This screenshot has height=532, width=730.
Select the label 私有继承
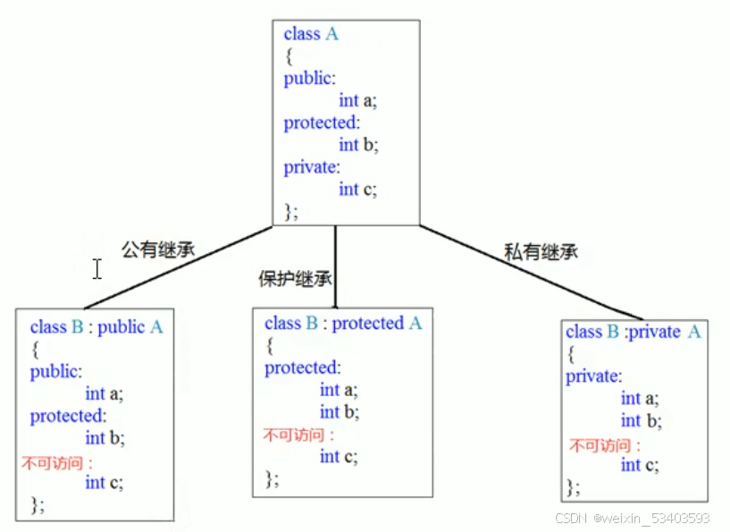[x=541, y=252]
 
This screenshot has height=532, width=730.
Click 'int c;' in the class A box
[x=357, y=189]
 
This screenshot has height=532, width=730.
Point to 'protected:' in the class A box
[x=321, y=122]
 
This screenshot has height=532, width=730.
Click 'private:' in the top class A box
[x=312, y=167]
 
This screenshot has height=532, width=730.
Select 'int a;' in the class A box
[x=357, y=100]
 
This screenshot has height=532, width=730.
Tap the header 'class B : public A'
[x=96, y=327]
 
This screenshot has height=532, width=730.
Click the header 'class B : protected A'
[x=343, y=324]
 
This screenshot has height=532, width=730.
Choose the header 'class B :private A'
[x=633, y=332]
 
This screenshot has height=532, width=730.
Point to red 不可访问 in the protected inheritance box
[x=298, y=435]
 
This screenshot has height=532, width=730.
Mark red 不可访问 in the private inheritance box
[x=605, y=444]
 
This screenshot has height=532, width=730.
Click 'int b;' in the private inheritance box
[x=641, y=420]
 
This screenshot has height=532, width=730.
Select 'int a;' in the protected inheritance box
[x=339, y=390]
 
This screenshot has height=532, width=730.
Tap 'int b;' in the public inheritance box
[x=105, y=438]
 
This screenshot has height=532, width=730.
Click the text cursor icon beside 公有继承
[x=96, y=268]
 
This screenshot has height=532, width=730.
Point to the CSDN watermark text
[x=632, y=519]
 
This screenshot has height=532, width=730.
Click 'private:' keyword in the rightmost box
[x=593, y=376]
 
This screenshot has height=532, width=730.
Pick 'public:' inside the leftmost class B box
[x=55, y=372]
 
